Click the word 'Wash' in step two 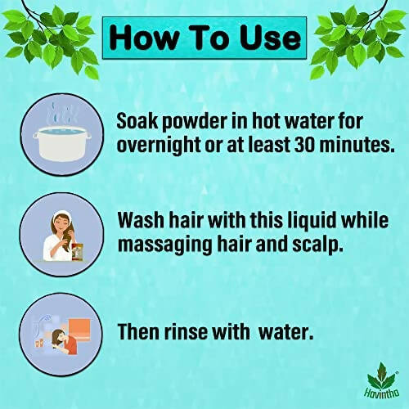pos(142,221)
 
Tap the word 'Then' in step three pos(141,333)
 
